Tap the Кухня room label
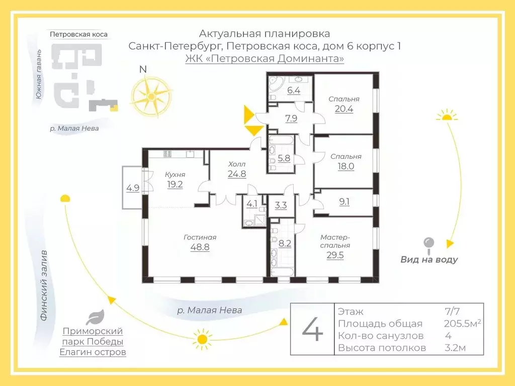[x=175, y=174]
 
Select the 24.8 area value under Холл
[x=237, y=174]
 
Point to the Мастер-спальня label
[x=335, y=241]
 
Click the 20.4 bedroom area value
[x=344, y=109]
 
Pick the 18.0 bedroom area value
[x=346, y=166]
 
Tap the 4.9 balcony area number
[x=133, y=188]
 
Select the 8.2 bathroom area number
[x=285, y=243]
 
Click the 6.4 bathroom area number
[x=293, y=91]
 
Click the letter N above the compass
[x=143, y=70]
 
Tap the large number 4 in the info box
[x=312, y=329]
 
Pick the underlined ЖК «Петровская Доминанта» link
[x=265, y=59]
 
